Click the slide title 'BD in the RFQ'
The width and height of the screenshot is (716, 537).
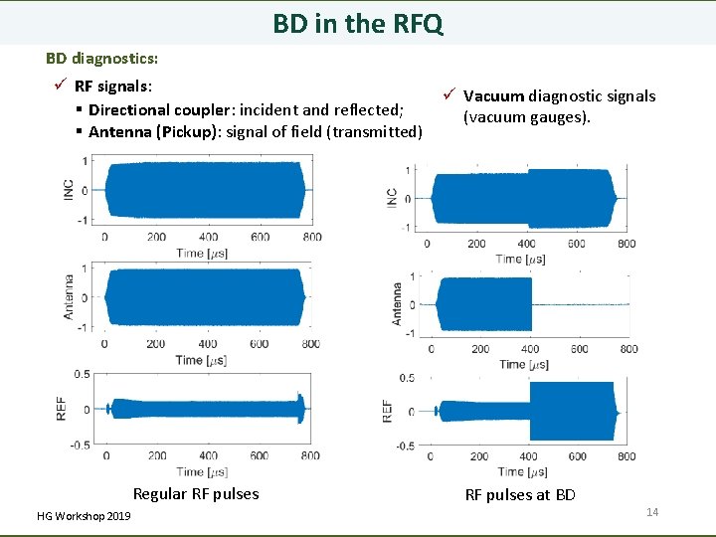click(358, 23)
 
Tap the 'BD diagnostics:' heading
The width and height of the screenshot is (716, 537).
click(101, 59)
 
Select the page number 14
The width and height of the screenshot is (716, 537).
click(652, 511)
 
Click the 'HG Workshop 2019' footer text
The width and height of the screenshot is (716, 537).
click(83, 516)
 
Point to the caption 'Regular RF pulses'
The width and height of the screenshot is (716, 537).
click(196, 494)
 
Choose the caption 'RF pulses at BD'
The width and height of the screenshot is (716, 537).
click(520, 495)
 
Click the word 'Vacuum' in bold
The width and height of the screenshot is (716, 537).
click(493, 96)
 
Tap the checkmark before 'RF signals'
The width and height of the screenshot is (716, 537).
click(61, 87)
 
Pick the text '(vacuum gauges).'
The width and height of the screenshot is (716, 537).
click(526, 117)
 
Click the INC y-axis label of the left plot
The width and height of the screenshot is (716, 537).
click(68, 189)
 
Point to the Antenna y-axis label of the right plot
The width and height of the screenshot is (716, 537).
click(397, 302)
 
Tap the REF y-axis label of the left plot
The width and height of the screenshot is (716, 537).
click(62, 408)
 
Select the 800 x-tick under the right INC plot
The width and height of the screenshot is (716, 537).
click(626, 244)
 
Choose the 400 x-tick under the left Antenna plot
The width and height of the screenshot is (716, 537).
click(208, 344)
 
